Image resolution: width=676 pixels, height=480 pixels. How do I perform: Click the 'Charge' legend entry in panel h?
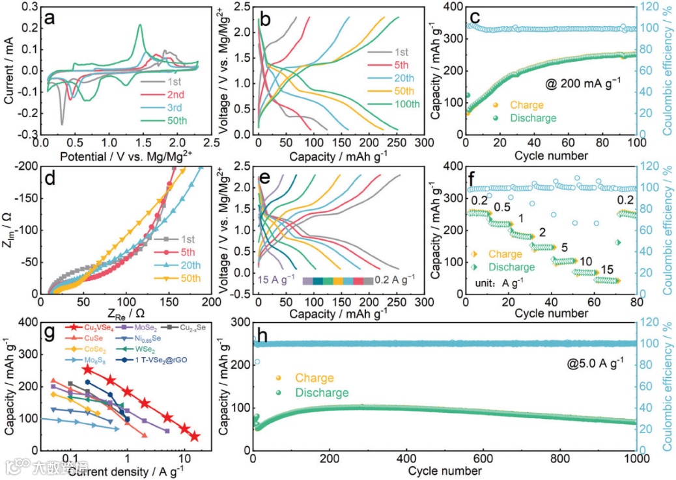tap(314, 378)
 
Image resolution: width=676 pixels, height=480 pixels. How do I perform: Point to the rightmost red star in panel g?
tap(195, 436)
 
